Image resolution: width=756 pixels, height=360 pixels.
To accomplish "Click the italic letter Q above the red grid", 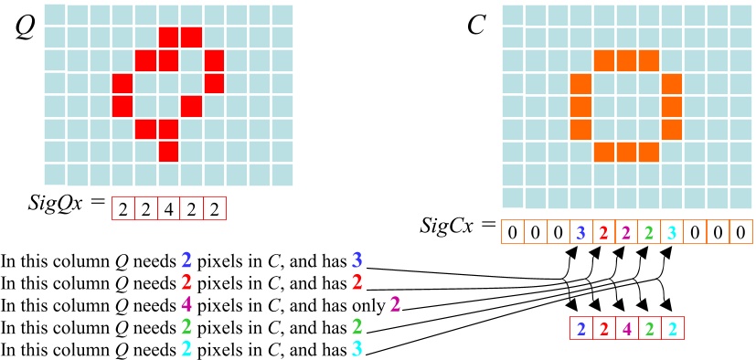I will pos(26,28).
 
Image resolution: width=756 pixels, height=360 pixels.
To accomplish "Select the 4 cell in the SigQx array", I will pos(168,209).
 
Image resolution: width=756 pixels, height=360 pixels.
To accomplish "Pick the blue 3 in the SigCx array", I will pos(581,231).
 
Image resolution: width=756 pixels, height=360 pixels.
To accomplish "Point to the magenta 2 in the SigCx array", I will pos(627,231).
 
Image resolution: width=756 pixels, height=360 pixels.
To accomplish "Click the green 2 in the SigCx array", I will pos(650,231).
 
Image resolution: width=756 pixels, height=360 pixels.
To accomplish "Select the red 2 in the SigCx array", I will pos(604,231).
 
